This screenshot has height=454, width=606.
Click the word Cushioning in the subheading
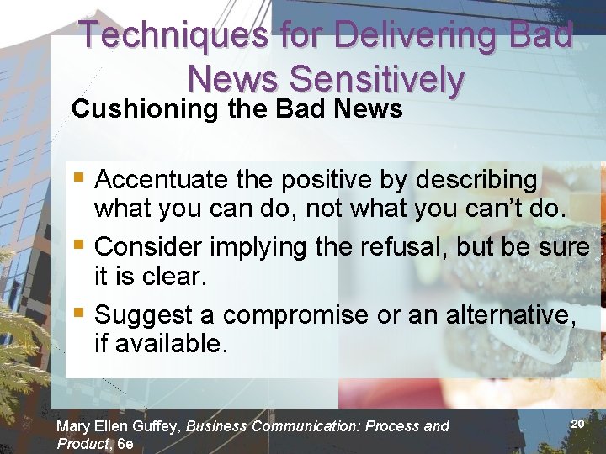[x=144, y=109]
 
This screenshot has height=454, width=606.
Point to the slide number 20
[x=577, y=424]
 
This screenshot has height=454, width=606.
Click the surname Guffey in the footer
[x=157, y=426]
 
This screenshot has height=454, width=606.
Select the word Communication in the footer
[x=295, y=426]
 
